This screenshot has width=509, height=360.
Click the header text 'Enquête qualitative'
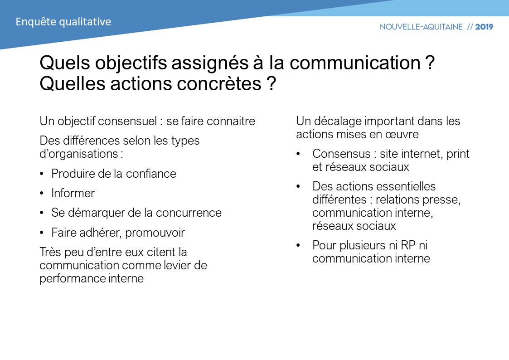click(x=63, y=22)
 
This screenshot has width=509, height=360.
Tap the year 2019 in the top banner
click(x=484, y=27)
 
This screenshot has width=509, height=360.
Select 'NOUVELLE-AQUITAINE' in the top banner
click(x=421, y=27)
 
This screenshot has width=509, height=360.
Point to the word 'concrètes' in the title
click(x=217, y=84)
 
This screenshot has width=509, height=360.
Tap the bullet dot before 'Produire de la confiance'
click(x=42, y=174)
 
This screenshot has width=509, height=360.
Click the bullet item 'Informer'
click(x=73, y=194)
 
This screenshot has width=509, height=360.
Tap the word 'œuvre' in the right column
click(x=403, y=135)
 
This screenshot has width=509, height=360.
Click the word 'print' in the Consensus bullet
click(x=458, y=154)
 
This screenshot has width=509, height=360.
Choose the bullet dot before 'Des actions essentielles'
click(x=298, y=187)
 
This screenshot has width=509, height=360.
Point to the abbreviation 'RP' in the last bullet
click(x=408, y=246)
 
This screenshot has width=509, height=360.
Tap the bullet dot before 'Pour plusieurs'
click(x=298, y=246)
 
